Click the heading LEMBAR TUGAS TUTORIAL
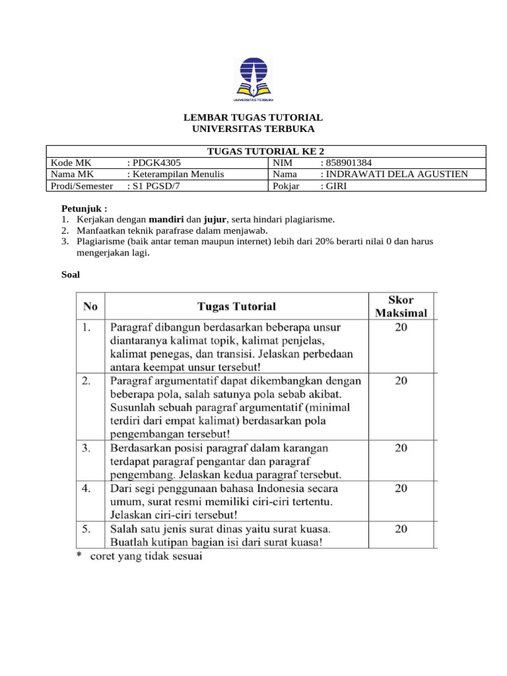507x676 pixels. click(253, 117)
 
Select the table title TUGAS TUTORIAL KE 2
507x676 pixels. click(266, 151)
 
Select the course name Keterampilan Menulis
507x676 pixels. click(178, 174)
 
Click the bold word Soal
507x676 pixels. click(71, 274)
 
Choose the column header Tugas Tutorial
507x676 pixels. click(236, 306)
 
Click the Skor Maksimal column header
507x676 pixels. click(401, 306)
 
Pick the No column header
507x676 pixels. click(90, 306)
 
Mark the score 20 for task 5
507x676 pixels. click(401, 529)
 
